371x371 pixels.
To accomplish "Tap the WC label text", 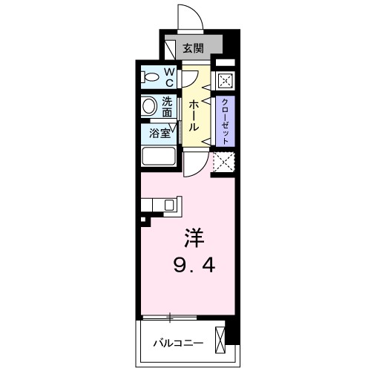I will pos(168,76).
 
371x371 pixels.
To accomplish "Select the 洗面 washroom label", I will pos(168,108).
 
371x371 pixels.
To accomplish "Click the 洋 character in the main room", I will pos(194,239).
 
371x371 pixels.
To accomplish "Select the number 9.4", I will pos(195,263).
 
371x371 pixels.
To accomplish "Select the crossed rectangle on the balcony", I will pos(220,340).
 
